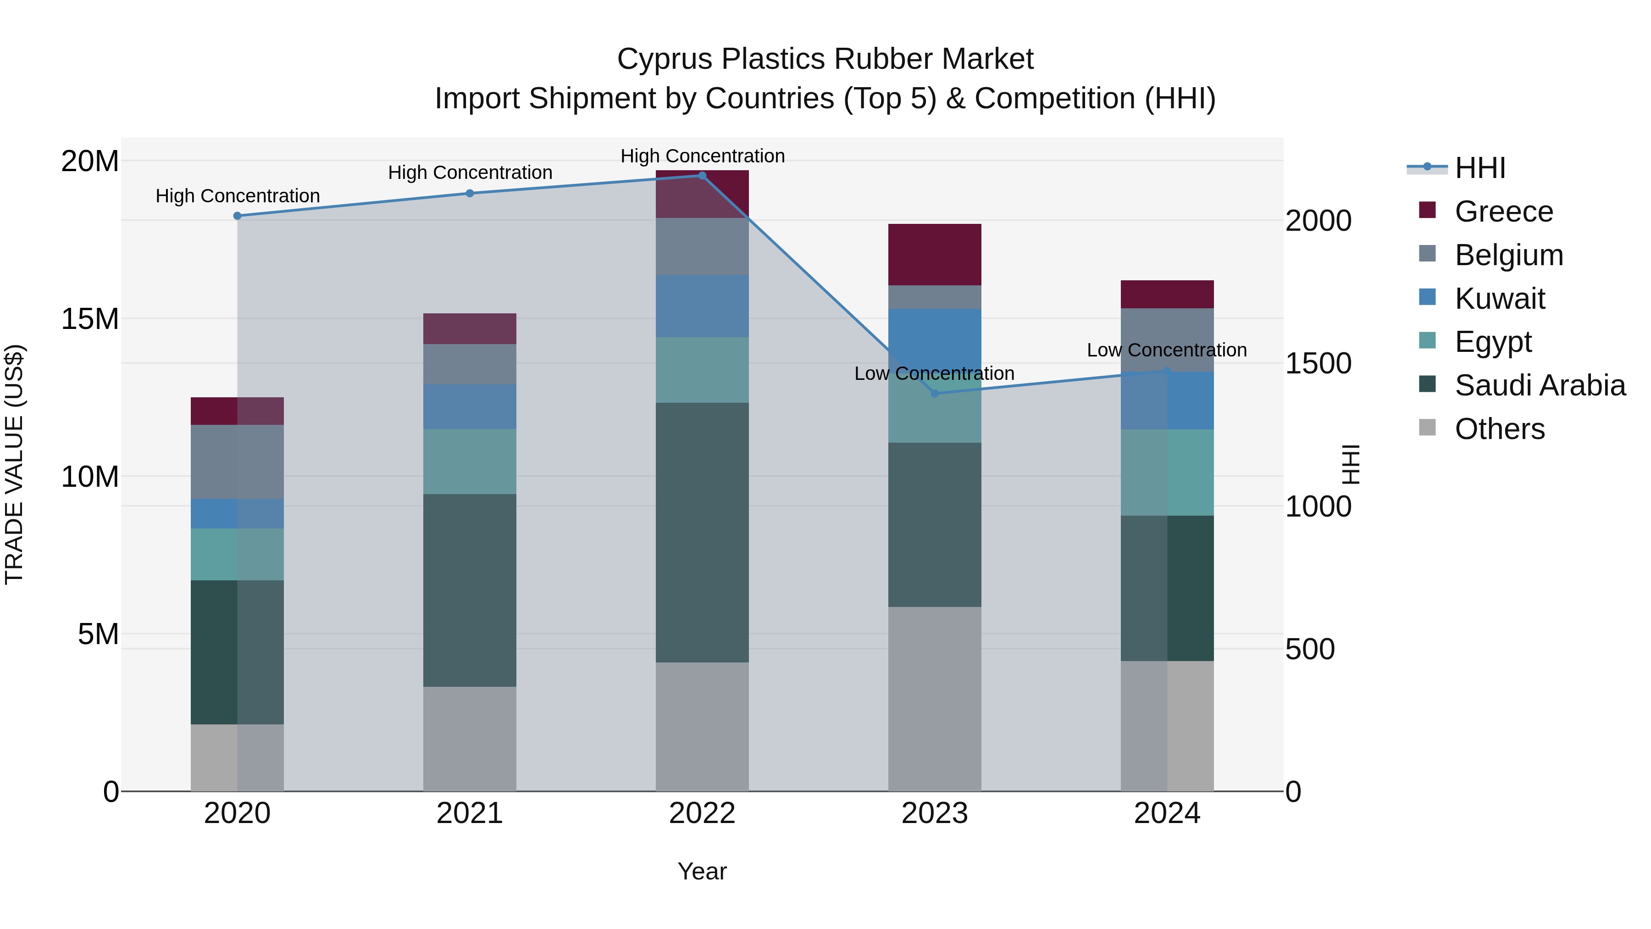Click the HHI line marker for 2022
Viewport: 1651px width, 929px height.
coord(702,175)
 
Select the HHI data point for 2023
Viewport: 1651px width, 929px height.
coord(935,393)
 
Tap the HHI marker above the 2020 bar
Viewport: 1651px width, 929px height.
coord(237,216)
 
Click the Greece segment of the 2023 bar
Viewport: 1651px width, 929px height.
coord(935,255)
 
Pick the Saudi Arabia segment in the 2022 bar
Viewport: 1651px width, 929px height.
coord(702,532)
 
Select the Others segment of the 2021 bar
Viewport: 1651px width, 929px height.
coord(470,739)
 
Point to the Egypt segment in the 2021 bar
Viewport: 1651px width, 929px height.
coord(470,461)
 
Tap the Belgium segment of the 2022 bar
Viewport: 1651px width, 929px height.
coord(702,246)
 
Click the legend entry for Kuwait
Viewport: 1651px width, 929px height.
coord(1500,299)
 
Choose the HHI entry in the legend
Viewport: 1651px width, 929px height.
coord(1479,168)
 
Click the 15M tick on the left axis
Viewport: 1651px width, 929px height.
coord(90,319)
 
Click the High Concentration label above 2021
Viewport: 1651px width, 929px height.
coord(470,172)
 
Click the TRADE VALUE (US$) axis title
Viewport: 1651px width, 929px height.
coord(14,465)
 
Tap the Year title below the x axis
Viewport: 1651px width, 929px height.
coord(702,871)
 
